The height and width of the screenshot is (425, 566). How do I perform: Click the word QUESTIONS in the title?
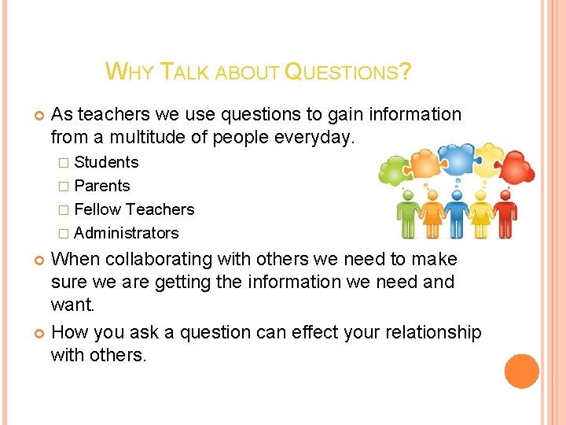point(347,73)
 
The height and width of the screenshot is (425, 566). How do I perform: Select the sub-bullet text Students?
point(106,162)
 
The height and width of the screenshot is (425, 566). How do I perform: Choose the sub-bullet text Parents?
point(102,186)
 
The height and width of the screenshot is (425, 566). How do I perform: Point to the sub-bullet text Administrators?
point(127,233)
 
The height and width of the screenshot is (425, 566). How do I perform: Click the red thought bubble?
point(516,166)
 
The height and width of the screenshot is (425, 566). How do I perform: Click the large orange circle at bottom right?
point(521,371)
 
